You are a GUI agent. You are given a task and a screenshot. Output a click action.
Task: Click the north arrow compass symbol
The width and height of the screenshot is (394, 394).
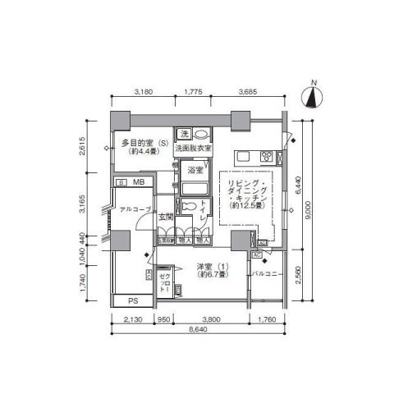click(313, 96)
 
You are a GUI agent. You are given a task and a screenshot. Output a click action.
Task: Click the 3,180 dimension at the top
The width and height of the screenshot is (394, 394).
click(142, 93)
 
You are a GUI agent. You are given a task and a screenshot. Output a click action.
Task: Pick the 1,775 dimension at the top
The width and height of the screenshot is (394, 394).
click(194, 93)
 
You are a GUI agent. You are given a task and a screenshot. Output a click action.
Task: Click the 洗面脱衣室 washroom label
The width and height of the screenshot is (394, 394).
click(193, 148)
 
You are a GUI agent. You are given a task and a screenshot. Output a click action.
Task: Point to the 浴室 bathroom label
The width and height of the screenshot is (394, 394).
click(195, 171)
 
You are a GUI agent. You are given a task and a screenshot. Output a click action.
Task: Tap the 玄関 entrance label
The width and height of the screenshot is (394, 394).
click(165, 218)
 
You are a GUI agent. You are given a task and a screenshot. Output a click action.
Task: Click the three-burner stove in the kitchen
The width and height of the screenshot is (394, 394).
click(267, 156)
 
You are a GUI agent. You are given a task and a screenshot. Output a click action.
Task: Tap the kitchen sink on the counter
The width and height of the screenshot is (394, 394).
click(245, 156)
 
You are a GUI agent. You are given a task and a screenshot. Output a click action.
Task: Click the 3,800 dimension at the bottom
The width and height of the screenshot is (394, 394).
click(212, 318)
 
